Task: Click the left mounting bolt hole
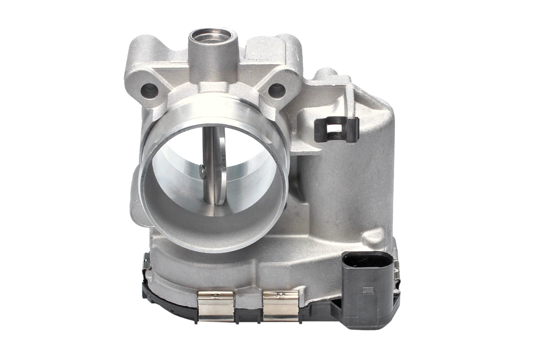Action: [149, 90]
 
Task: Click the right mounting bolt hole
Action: [276, 91]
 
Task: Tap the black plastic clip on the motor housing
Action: [336, 130]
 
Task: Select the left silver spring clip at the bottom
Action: [216, 306]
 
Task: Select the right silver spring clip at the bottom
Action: [280, 306]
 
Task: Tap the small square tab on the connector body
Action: [368, 290]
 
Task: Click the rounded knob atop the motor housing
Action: [325, 73]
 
